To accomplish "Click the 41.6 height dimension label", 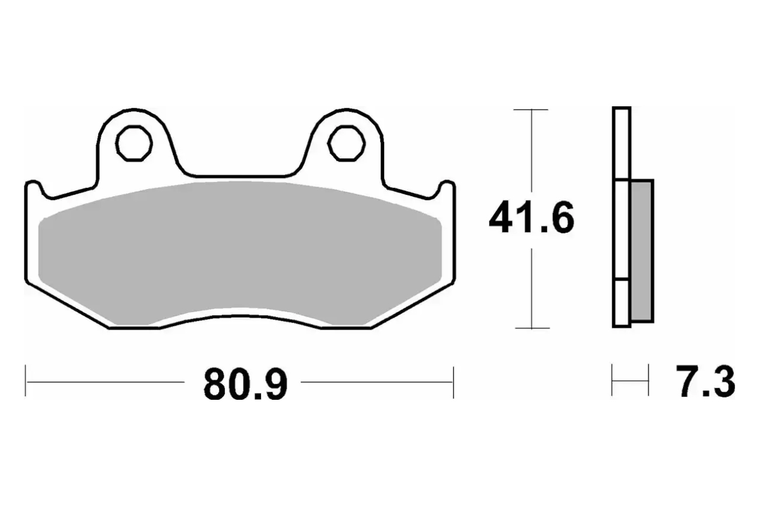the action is (x=531, y=218).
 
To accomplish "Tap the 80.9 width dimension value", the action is (x=246, y=385).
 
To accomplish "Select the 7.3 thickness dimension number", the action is (x=705, y=381).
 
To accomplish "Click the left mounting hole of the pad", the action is (x=134, y=143).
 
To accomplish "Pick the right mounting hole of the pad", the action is (x=346, y=143).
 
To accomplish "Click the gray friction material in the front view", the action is (x=240, y=254).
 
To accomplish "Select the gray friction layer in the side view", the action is (x=642, y=250).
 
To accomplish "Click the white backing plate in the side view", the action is (x=621, y=218).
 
